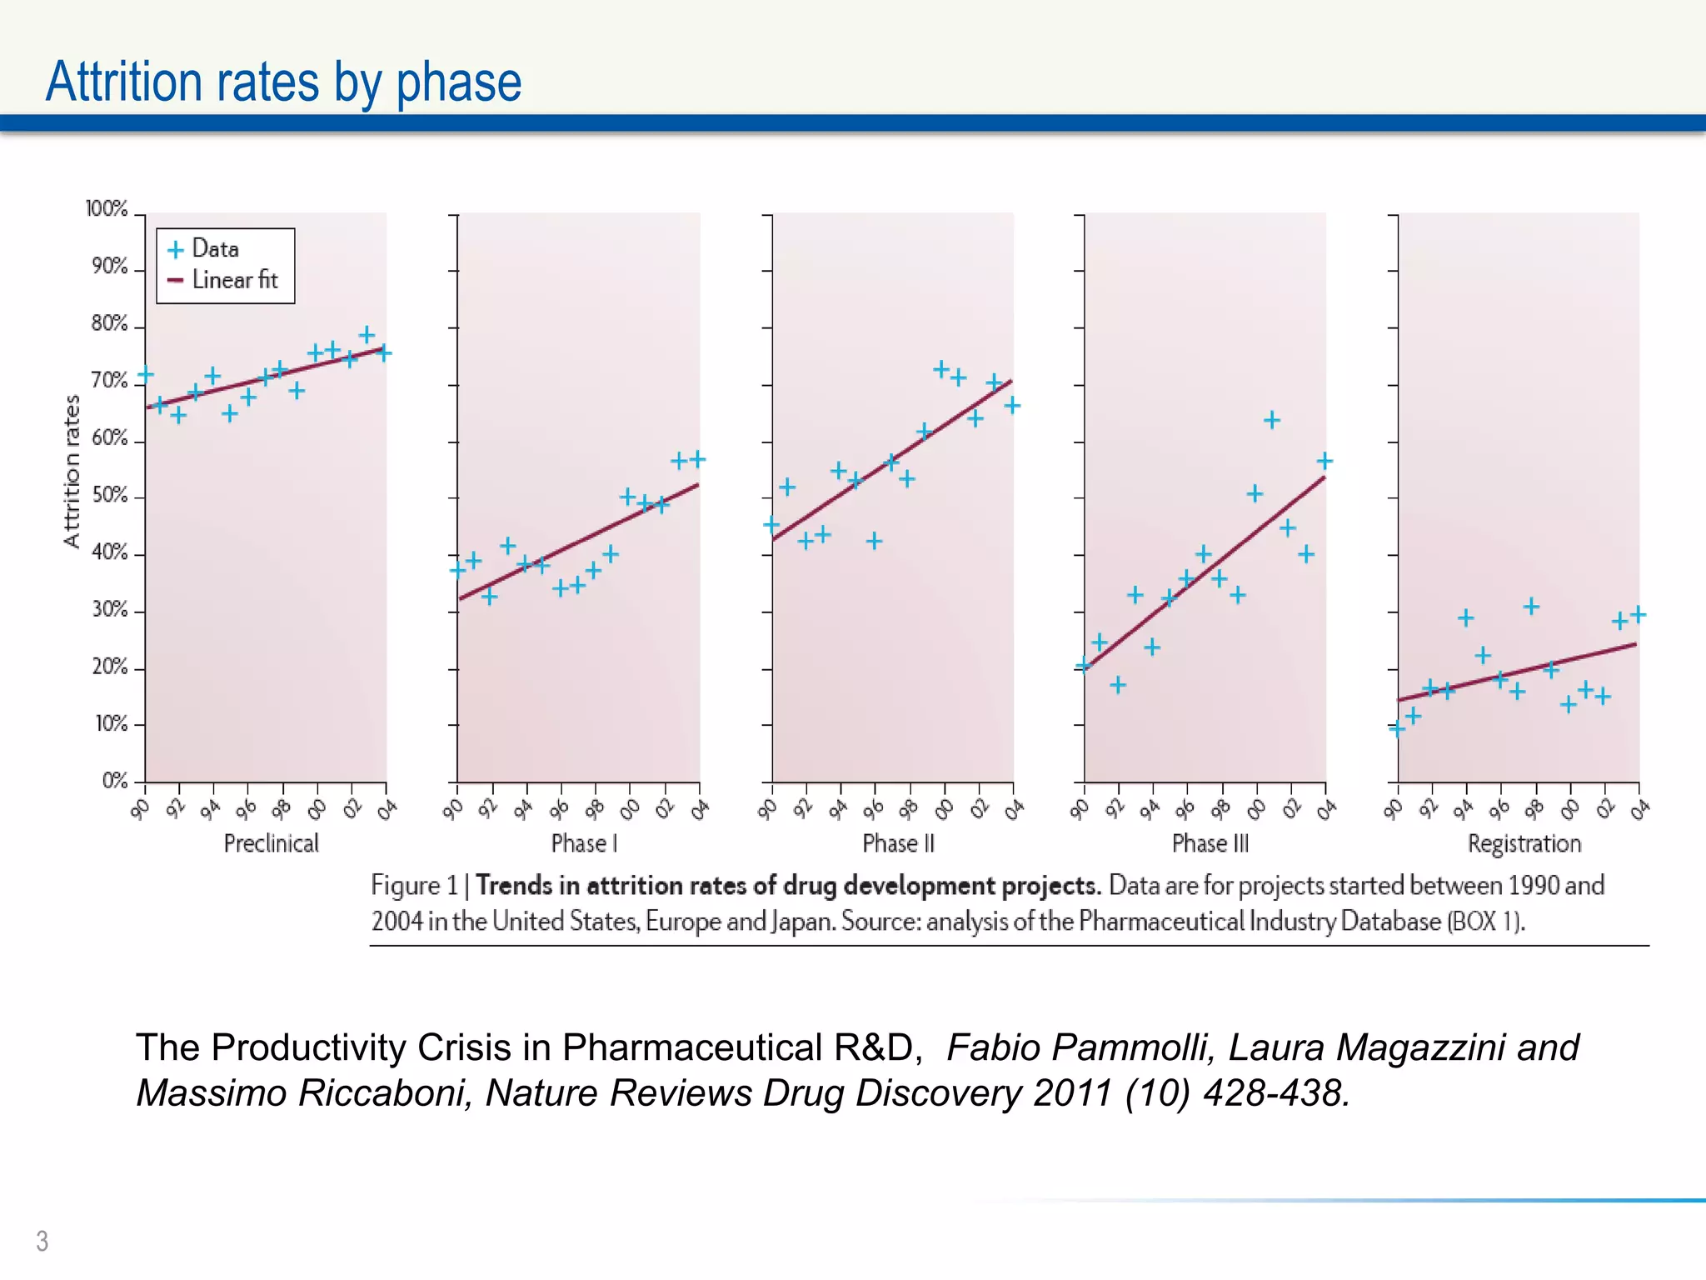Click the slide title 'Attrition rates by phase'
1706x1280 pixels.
click(x=283, y=82)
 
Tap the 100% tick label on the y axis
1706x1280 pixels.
click(x=107, y=208)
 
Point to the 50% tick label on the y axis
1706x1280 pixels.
click(x=109, y=495)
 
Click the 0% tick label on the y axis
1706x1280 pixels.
click(x=115, y=781)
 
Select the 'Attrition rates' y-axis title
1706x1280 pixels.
click(x=72, y=471)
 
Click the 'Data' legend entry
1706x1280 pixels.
click(x=215, y=248)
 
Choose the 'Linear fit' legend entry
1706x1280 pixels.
click(x=234, y=280)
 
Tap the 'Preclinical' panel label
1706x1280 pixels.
click(x=271, y=843)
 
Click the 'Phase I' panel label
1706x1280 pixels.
click(x=584, y=843)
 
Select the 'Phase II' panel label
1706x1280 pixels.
click(x=898, y=843)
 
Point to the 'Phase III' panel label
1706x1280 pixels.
click(x=1210, y=843)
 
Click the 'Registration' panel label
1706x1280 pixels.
click(x=1524, y=843)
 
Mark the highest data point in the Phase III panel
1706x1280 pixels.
click(x=1271, y=420)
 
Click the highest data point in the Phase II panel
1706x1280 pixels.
click(x=940, y=369)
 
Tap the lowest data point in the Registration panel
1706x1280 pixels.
click(x=1397, y=729)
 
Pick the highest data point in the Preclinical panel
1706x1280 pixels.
click(x=367, y=335)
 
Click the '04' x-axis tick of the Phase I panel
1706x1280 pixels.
click(x=700, y=808)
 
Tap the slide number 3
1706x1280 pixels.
click(x=42, y=1241)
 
